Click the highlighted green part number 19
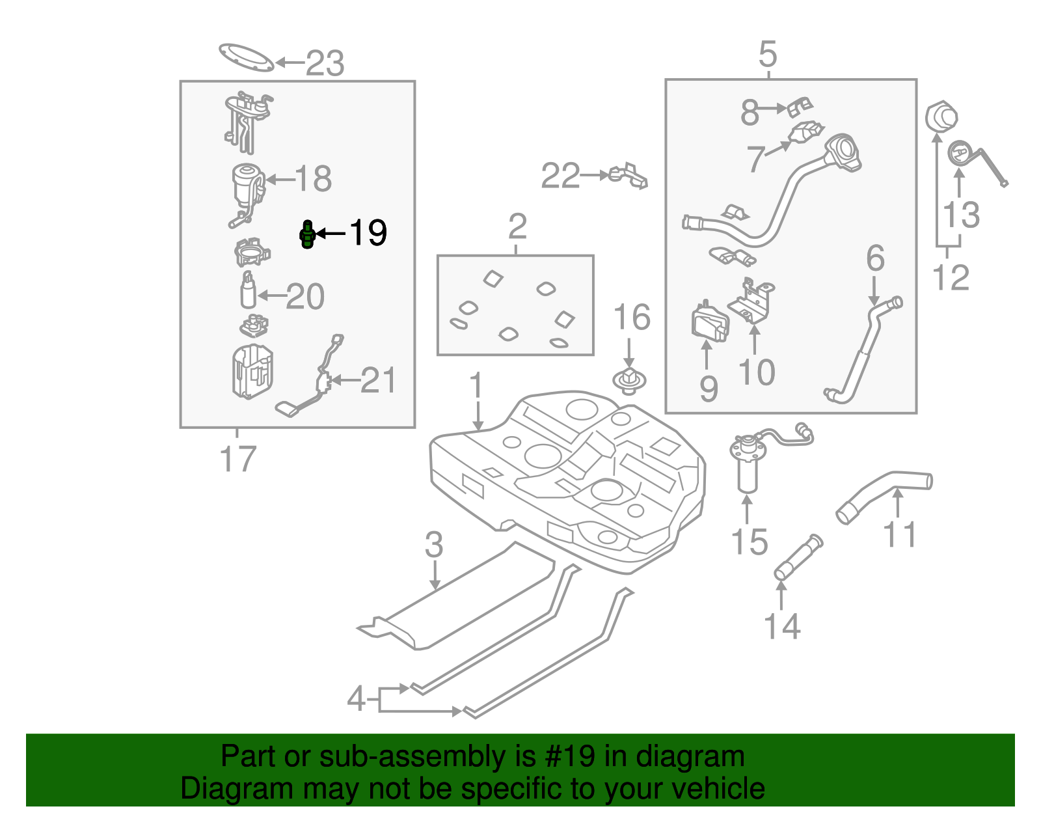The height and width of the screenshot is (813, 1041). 307,234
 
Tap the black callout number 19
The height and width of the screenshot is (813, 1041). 368,233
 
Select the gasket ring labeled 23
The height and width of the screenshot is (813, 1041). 246,57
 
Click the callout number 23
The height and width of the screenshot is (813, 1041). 325,64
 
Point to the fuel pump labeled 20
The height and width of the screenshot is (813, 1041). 249,291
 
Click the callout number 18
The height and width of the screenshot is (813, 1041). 314,178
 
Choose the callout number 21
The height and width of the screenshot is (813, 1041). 378,380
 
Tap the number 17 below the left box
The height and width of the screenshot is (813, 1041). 238,459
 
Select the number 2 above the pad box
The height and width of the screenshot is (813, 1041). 517,227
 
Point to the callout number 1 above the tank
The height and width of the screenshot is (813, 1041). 477,386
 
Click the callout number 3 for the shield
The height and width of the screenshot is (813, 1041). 434,545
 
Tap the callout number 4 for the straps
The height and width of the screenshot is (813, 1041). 357,699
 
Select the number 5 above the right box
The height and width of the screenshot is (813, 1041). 768,54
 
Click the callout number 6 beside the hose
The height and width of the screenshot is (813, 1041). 875,258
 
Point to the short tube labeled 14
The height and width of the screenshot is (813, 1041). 798,557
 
